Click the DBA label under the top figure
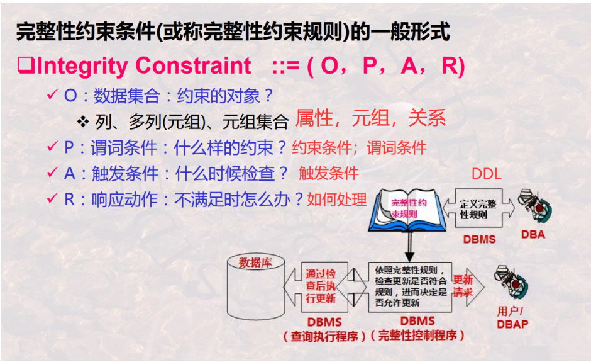click(x=533, y=235)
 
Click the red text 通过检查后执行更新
click(x=320, y=286)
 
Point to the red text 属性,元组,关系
click(x=370, y=118)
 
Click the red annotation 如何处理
click(x=336, y=200)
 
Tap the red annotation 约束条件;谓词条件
click(x=359, y=148)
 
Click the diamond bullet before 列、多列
click(x=83, y=121)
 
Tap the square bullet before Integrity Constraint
click(x=26, y=65)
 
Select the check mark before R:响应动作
click(x=53, y=199)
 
